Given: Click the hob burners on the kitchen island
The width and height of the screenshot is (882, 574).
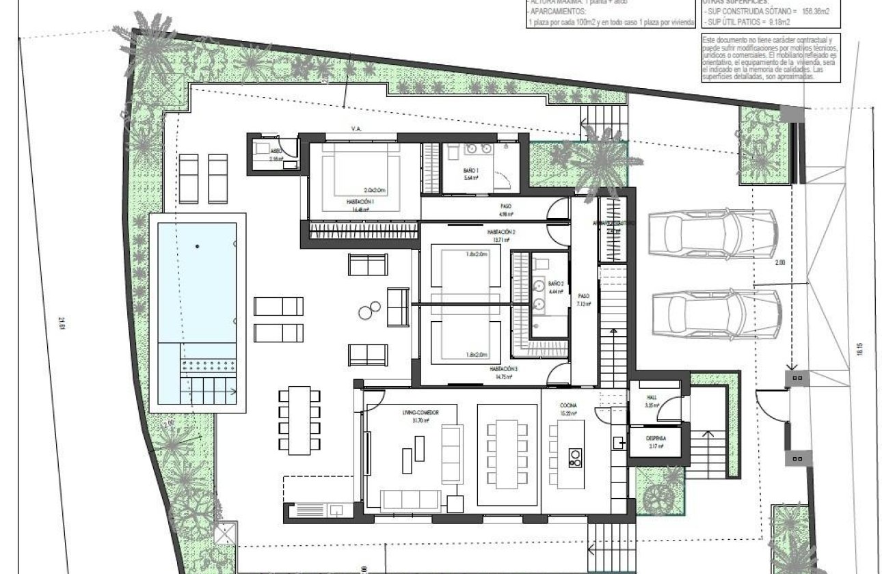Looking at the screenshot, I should [575, 457].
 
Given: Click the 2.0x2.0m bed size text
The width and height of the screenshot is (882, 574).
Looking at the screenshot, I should [375, 191].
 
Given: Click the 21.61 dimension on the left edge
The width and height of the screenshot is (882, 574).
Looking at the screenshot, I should [62, 321].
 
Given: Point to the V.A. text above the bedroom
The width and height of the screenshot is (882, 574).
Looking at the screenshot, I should [356, 128].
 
